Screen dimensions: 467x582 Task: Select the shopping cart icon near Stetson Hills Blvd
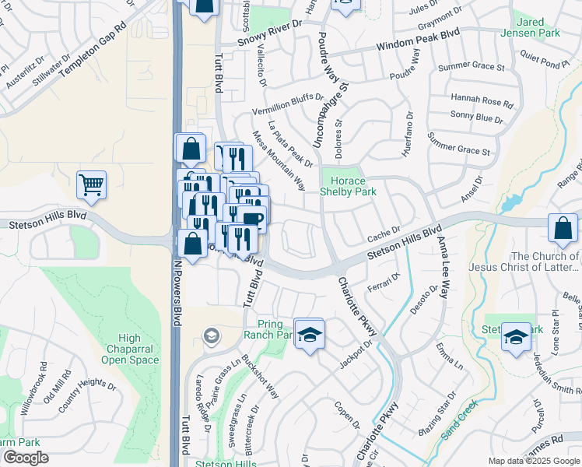point(91,184)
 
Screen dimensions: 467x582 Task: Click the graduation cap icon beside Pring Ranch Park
point(309,333)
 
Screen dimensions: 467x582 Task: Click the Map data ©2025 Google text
point(533,461)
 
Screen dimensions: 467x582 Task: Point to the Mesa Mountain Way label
point(278,160)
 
